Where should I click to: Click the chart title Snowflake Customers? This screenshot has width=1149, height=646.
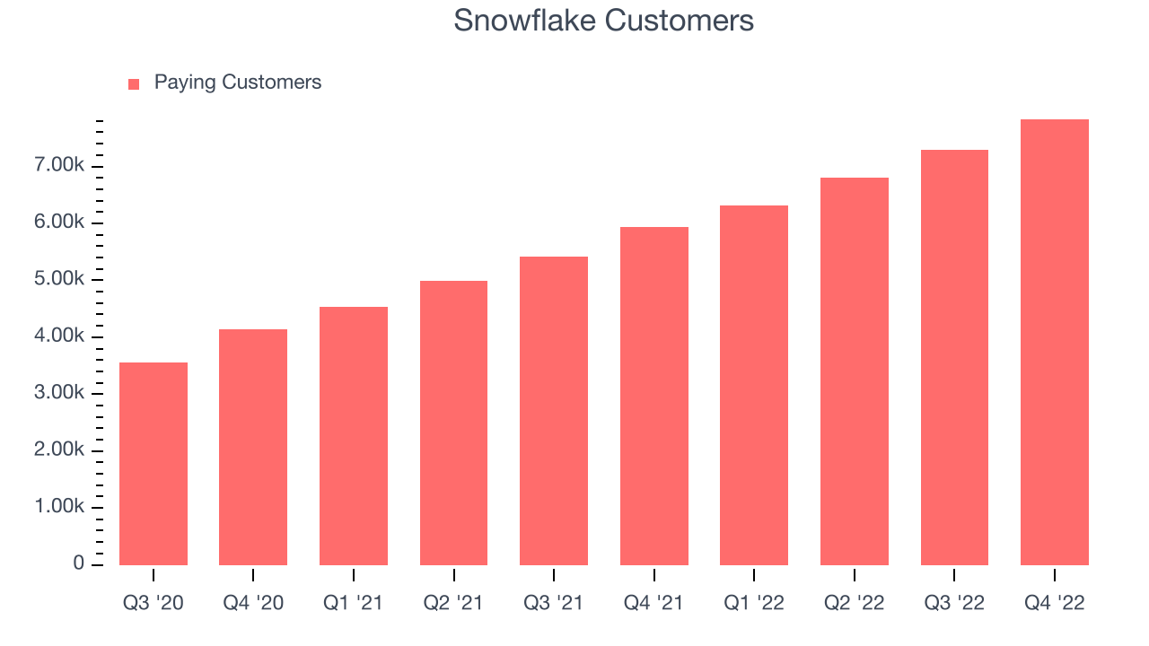603,21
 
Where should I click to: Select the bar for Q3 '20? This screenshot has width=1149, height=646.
153,464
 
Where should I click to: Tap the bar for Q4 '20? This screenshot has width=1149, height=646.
253,447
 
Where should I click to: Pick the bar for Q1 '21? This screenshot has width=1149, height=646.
354,436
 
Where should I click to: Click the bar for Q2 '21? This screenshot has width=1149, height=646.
453,423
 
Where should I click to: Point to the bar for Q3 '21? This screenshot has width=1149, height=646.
554,411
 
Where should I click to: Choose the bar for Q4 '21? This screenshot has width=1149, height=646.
654,397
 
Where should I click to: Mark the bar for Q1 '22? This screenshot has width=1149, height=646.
753,386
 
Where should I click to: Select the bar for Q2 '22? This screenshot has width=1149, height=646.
854,371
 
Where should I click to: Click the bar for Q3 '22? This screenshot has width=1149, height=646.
954,358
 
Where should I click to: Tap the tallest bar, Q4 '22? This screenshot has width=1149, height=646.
1055,343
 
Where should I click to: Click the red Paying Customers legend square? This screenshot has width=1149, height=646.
134,84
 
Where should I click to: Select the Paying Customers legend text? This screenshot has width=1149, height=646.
238,83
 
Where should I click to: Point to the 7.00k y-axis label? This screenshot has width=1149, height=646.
59,164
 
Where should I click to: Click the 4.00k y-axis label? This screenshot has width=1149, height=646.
59,336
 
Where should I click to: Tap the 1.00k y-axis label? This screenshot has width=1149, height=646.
59,506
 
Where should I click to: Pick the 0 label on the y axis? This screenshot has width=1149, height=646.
78,563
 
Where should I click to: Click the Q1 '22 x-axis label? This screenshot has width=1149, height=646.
753,603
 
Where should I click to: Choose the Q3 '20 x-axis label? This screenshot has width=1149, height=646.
153,603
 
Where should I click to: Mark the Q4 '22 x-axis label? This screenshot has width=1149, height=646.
1055,603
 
